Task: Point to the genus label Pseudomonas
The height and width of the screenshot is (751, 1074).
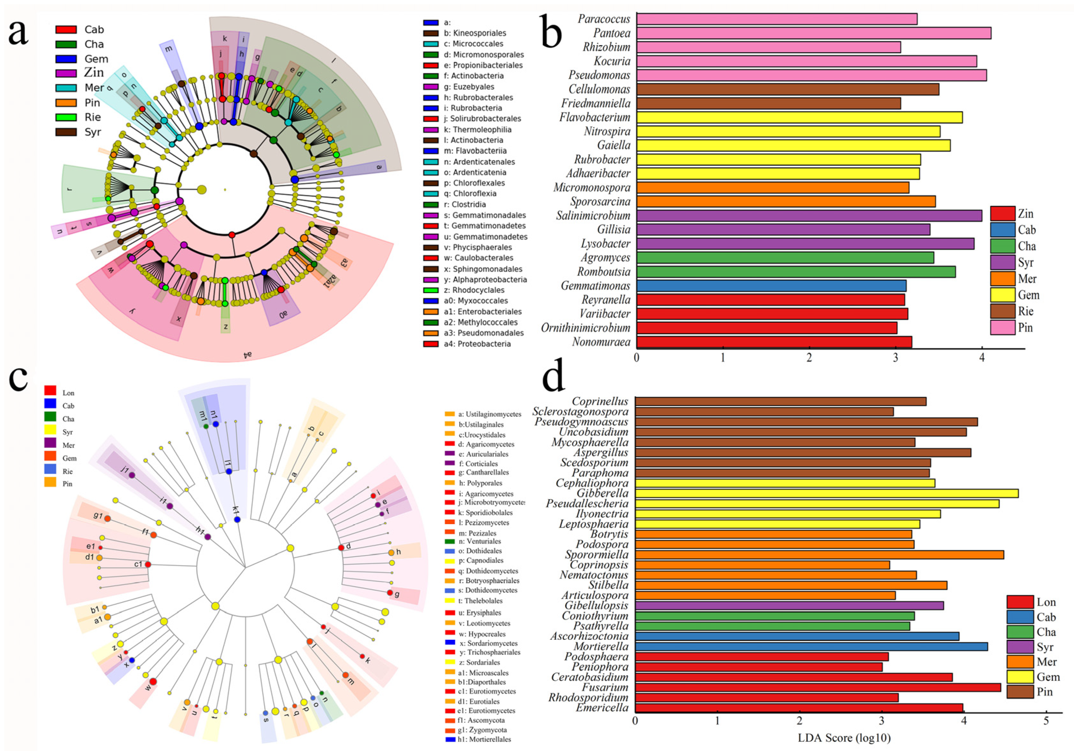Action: coord(599,75)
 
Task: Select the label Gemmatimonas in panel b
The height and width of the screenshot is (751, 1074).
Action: coord(595,286)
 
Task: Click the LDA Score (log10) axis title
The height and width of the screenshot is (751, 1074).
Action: coord(844,738)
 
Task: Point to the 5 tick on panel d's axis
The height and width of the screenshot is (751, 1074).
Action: coord(1046,721)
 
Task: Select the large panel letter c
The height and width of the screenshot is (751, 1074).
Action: coord(19,378)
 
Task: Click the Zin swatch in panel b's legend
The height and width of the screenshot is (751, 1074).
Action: coord(1002,214)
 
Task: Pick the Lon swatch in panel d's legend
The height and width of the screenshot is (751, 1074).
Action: coord(1020,602)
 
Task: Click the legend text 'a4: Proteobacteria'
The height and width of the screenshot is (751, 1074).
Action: coord(477,344)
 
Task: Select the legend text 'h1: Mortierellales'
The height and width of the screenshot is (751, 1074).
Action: coord(484,739)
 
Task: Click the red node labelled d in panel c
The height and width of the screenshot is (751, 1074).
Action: coord(341,548)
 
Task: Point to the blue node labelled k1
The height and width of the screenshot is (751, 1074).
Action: coord(237,519)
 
